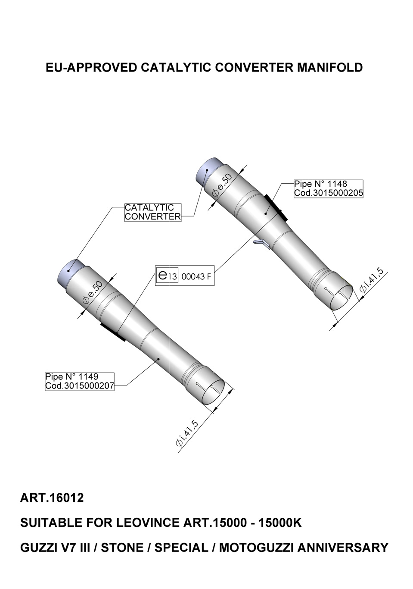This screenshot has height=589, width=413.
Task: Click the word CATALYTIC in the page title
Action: click(x=176, y=67)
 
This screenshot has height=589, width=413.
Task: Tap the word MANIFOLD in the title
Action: click(x=330, y=67)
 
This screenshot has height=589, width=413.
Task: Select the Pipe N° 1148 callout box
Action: click(x=328, y=188)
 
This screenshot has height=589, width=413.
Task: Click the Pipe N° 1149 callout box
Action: click(x=80, y=381)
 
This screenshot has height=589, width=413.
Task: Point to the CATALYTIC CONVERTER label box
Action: click(x=153, y=212)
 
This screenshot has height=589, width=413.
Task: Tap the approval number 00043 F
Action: click(x=196, y=277)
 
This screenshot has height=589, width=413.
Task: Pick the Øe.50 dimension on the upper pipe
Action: click(x=222, y=185)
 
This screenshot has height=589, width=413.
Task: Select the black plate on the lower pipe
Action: click(x=113, y=332)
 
